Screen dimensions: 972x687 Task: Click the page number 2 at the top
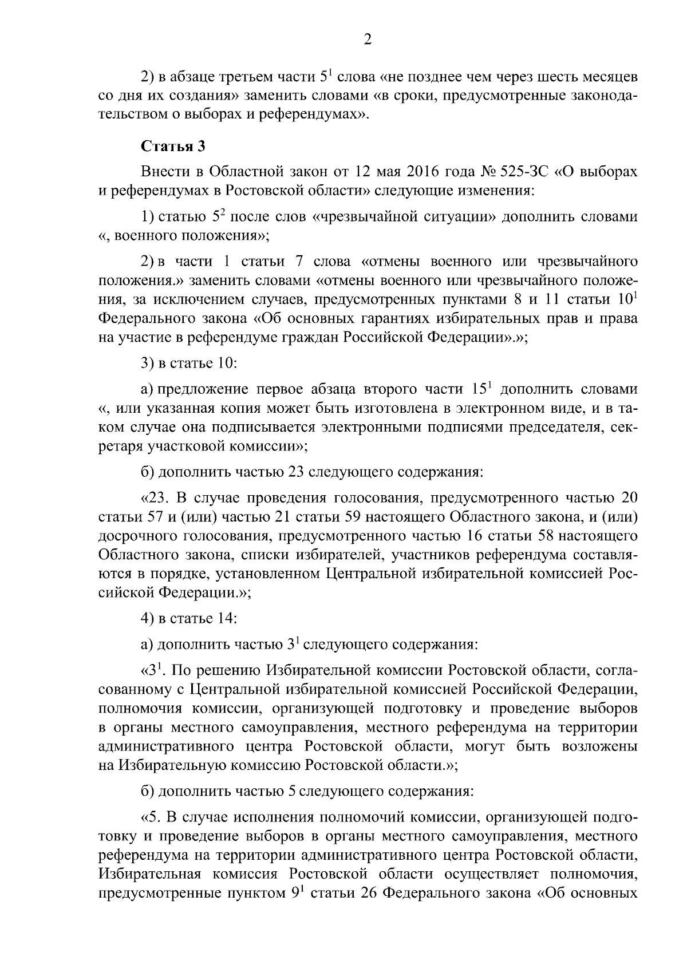(368, 39)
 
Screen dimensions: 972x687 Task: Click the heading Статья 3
(173, 146)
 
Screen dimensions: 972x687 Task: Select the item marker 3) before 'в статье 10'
(148, 363)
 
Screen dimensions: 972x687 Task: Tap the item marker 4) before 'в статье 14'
(148, 618)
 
